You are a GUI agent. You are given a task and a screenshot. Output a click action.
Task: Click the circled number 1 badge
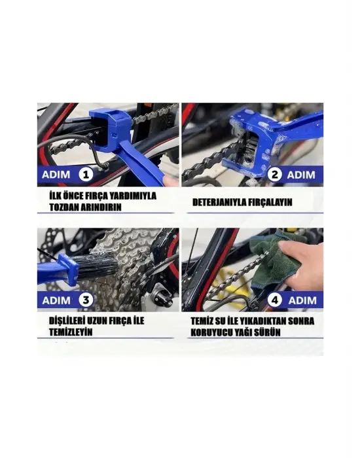pos(84,175)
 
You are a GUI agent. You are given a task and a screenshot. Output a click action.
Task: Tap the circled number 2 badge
pos(276,175)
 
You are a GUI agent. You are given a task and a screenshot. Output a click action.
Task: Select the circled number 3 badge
pos(85,300)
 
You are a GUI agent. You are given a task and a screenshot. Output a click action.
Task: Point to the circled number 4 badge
pos(276,300)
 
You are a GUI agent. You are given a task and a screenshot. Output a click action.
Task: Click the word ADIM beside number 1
pos(58,175)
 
